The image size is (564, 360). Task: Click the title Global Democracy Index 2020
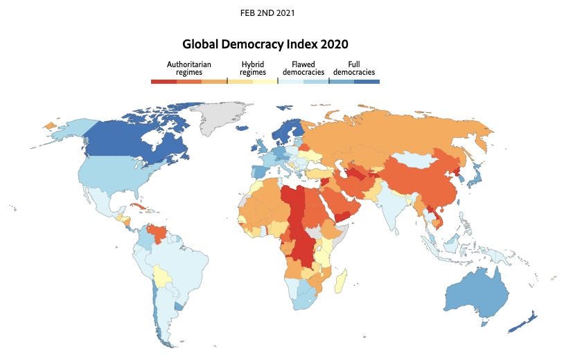266,44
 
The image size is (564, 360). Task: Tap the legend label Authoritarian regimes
188,68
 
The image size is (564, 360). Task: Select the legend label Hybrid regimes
253,68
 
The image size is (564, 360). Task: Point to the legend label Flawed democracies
299,68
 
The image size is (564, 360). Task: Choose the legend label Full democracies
353,68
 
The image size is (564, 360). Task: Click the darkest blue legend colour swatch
367,81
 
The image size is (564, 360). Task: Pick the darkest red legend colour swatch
164,81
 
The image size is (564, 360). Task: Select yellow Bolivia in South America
163,276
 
